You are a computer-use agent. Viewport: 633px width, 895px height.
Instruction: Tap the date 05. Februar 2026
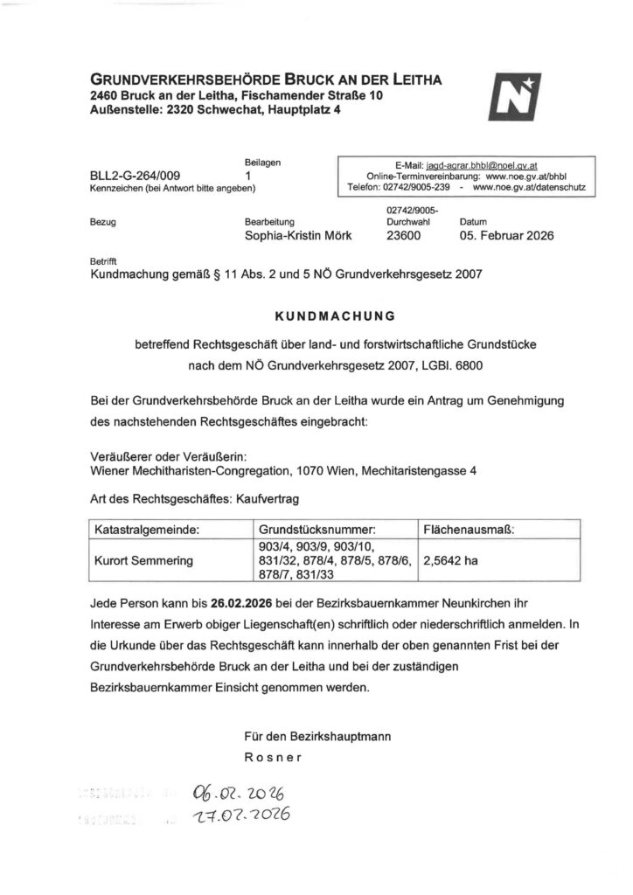tap(506, 236)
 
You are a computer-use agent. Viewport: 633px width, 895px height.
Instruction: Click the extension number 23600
tap(403, 236)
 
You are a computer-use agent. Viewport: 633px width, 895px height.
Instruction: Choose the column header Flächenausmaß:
tap(468, 530)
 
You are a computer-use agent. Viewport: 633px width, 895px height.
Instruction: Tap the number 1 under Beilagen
tap(249, 176)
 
